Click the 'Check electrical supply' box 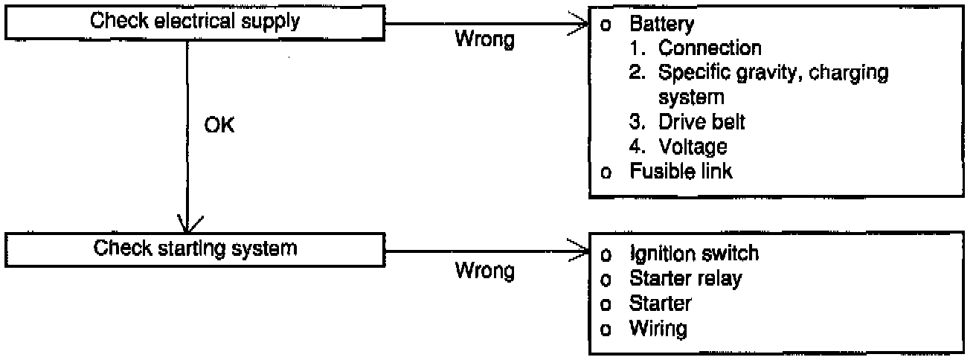tap(195, 22)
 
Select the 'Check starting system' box tap(195, 248)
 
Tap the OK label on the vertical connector tap(219, 125)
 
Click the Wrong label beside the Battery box tap(484, 39)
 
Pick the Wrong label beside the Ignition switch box tap(484, 271)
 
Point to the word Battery tap(661, 24)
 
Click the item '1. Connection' tap(710, 48)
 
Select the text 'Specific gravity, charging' tap(774, 73)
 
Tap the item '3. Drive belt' tap(701, 122)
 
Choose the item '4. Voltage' tap(693, 147)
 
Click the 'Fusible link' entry tap(681, 171)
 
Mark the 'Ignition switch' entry tap(694, 254)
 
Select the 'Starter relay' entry tap(685, 278)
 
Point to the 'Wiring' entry tap(658, 327)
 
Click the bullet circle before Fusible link tap(606, 173)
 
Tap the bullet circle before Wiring tap(606, 329)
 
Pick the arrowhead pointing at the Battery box tap(580, 23)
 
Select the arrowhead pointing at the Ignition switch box tap(580, 251)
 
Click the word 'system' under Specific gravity tap(692, 97)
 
